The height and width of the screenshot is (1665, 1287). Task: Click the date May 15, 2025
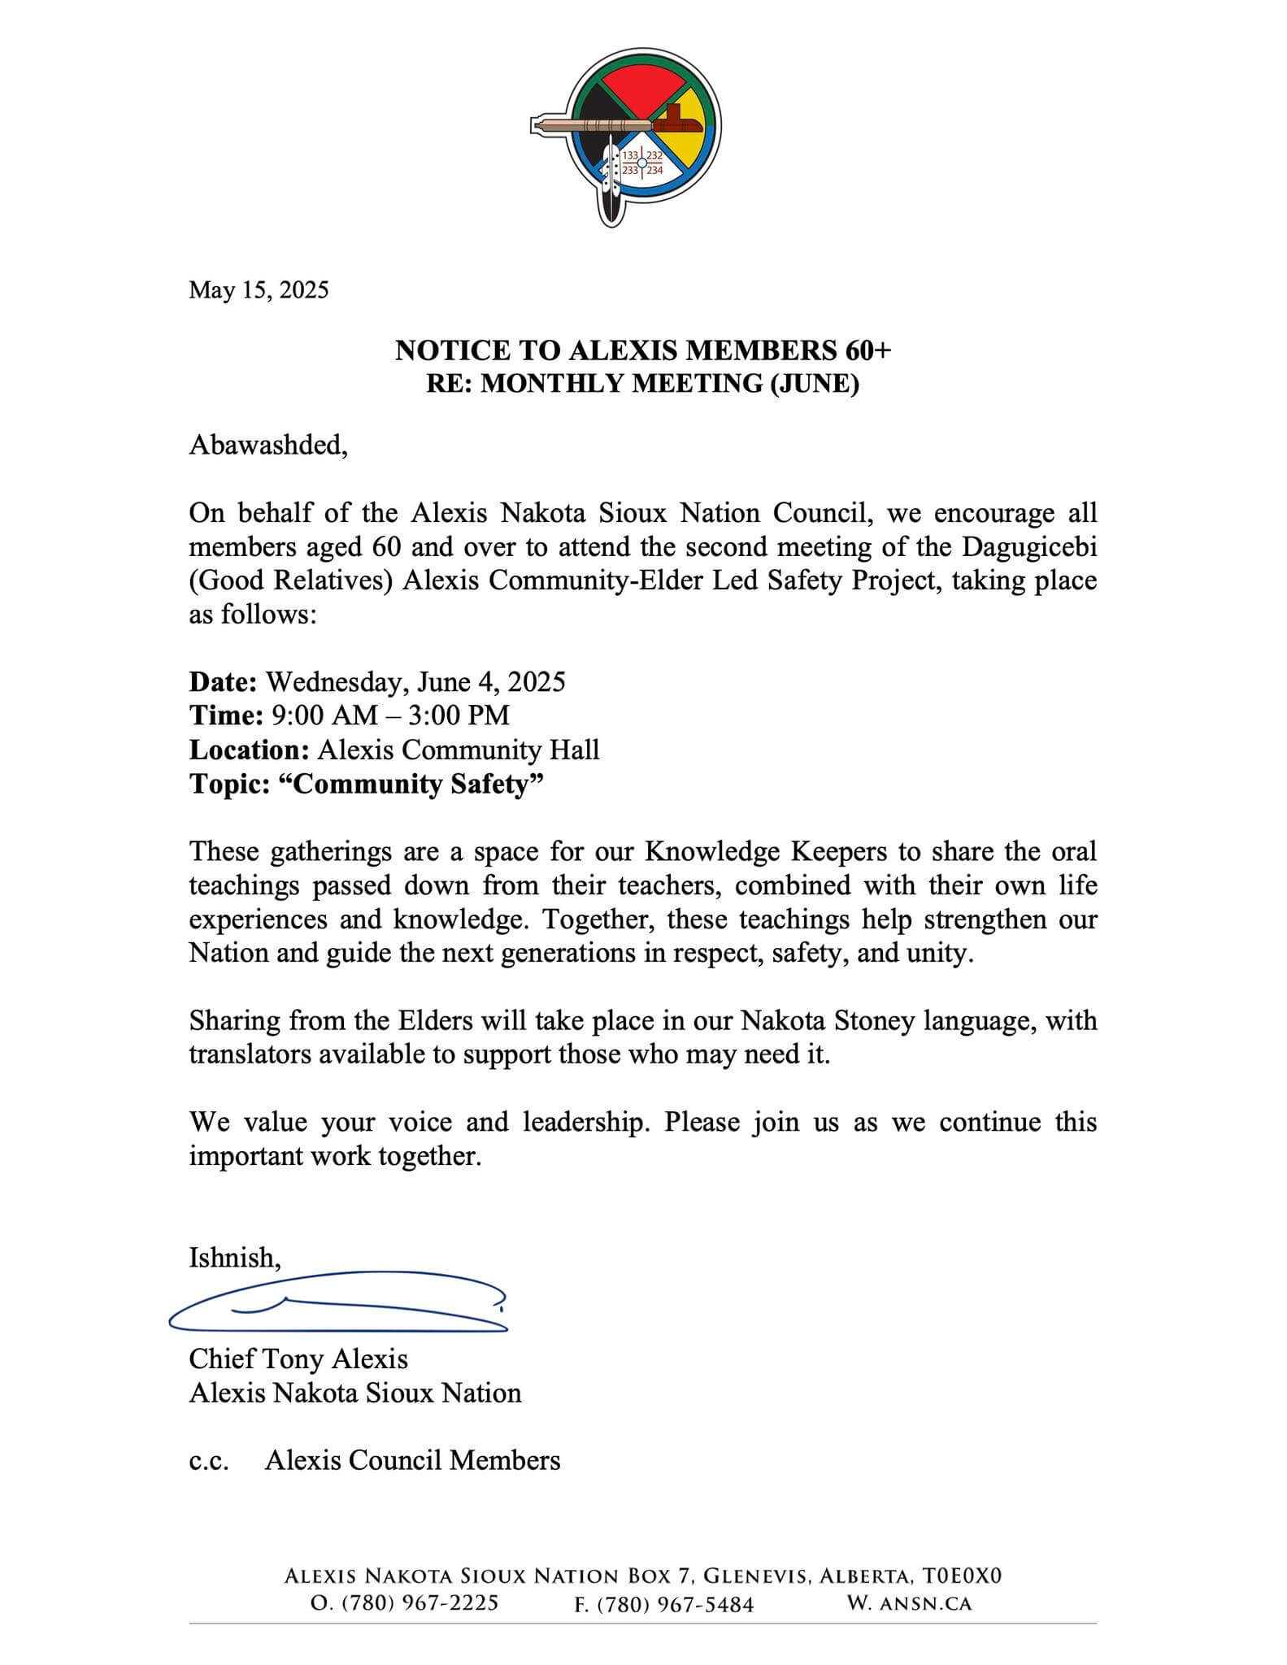pos(259,290)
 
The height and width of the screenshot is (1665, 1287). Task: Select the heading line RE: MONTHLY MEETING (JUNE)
pos(642,384)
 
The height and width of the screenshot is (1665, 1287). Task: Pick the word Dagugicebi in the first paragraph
pos(1029,547)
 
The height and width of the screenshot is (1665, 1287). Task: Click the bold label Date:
pos(223,681)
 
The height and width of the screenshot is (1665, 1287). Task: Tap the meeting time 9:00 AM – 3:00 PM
pos(391,715)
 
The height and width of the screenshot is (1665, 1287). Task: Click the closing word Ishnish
pos(234,1258)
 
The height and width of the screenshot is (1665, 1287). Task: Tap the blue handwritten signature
pos(337,1304)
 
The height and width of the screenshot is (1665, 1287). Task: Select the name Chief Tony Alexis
pos(298,1359)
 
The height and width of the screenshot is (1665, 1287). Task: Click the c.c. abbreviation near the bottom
pos(209,1461)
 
